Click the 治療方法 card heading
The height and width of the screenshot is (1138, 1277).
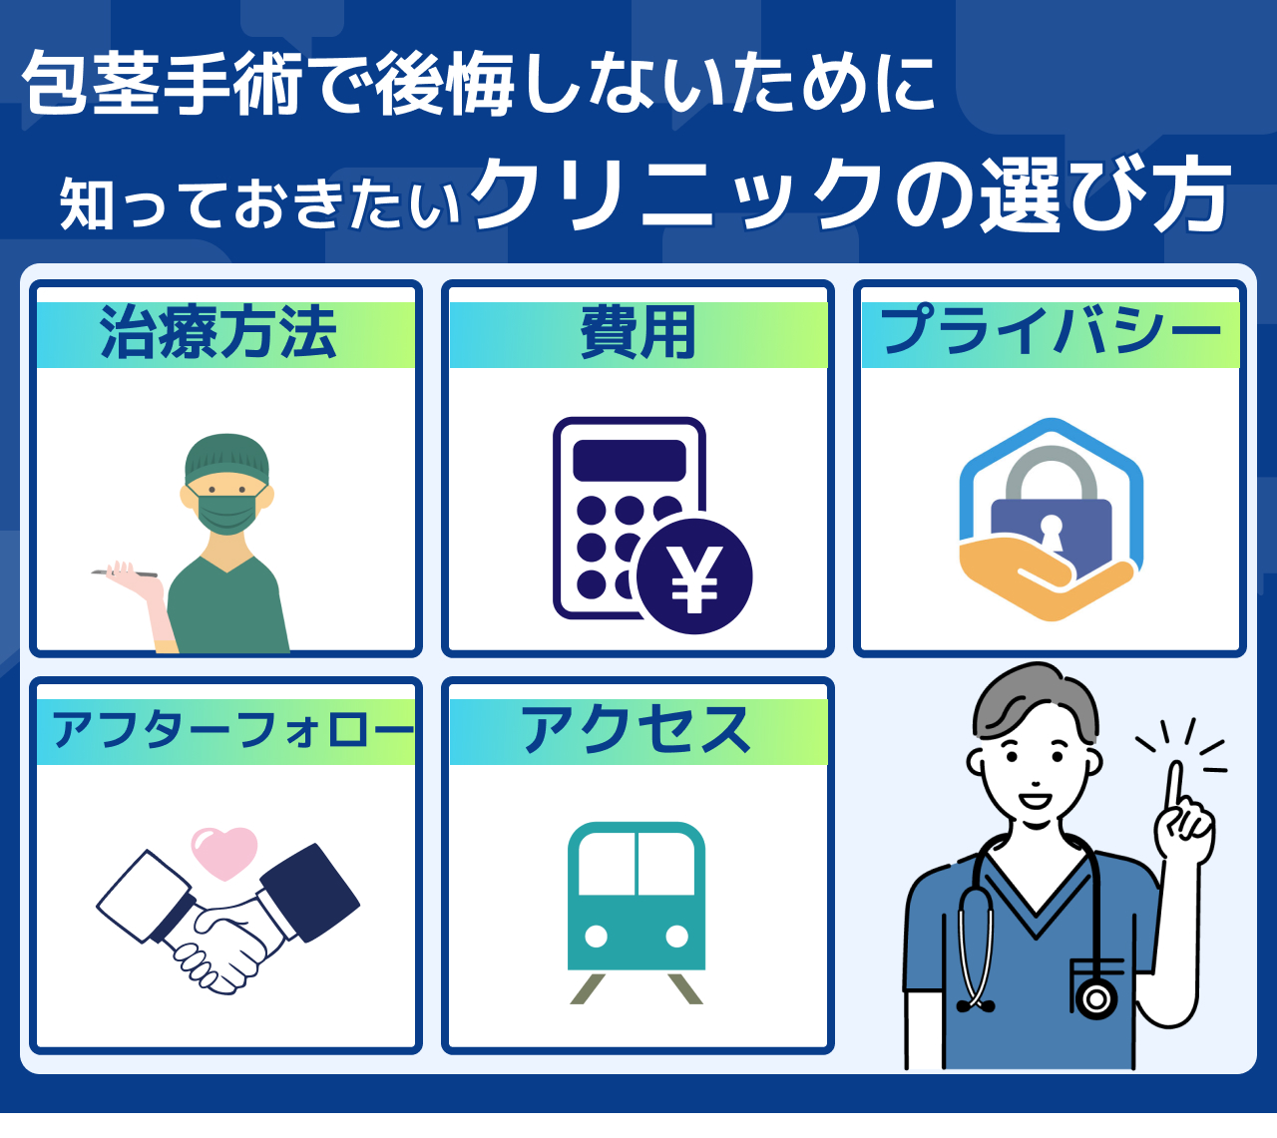click(x=218, y=333)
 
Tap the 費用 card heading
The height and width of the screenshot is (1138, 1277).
click(x=638, y=333)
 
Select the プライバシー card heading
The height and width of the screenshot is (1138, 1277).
click(x=1051, y=330)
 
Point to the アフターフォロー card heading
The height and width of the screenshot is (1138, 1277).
click(x=231, y=730)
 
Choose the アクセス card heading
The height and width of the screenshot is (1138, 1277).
click(x=637, y=730)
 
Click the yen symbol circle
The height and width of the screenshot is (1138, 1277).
click(x=694, y=576)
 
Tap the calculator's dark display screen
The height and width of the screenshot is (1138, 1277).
click(x=630, y=461)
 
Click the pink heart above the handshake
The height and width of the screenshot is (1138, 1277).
click(x=224, y=854)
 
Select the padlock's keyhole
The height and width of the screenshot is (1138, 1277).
click(x=1051, y=533)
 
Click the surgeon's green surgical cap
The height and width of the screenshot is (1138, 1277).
click(x=226, y=458)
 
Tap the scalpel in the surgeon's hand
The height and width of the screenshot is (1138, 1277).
click(x=124, y=573)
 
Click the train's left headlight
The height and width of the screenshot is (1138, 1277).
click(x=596, y=937)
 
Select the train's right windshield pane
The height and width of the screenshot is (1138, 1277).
click(x=666, y=864)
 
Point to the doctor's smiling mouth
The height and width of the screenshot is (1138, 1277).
click(x=1035, y=801)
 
